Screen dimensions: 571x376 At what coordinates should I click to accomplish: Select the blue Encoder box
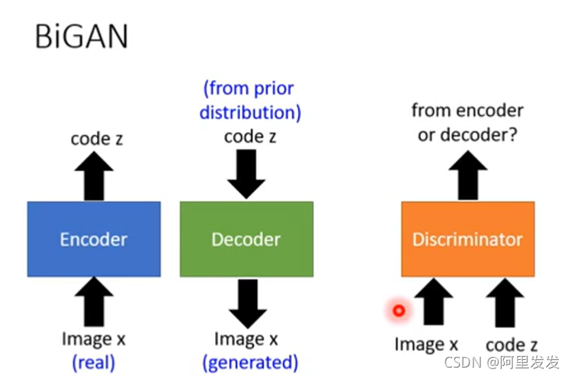[94, 239]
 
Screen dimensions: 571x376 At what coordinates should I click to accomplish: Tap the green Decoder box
[246, 239]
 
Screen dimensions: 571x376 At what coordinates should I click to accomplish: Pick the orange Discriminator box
[467, 239]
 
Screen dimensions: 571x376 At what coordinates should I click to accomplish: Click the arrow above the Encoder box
[94, 176]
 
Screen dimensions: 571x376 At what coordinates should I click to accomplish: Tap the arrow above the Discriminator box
[467, 176]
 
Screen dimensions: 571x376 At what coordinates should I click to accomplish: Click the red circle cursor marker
[398, 310]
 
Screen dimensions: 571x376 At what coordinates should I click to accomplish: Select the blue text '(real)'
[94, 362]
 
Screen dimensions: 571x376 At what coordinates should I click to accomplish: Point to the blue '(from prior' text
[249, 88]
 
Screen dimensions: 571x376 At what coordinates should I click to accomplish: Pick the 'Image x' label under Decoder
[245, 338]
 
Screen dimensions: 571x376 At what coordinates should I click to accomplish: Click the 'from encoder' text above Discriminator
[467, 111]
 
